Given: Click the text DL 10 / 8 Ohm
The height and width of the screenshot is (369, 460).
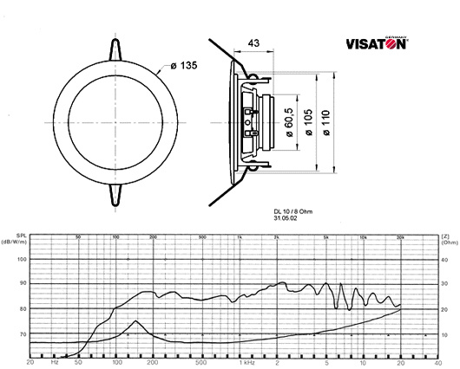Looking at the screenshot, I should point(290,211).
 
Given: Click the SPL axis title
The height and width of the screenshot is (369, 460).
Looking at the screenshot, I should point(19,235).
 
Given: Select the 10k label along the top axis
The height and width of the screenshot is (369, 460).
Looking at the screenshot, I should point(363,236).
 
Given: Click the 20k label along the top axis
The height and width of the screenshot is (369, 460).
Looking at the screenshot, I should point(399,236).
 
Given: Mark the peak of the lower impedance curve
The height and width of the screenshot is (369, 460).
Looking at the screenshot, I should point(136,321).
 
